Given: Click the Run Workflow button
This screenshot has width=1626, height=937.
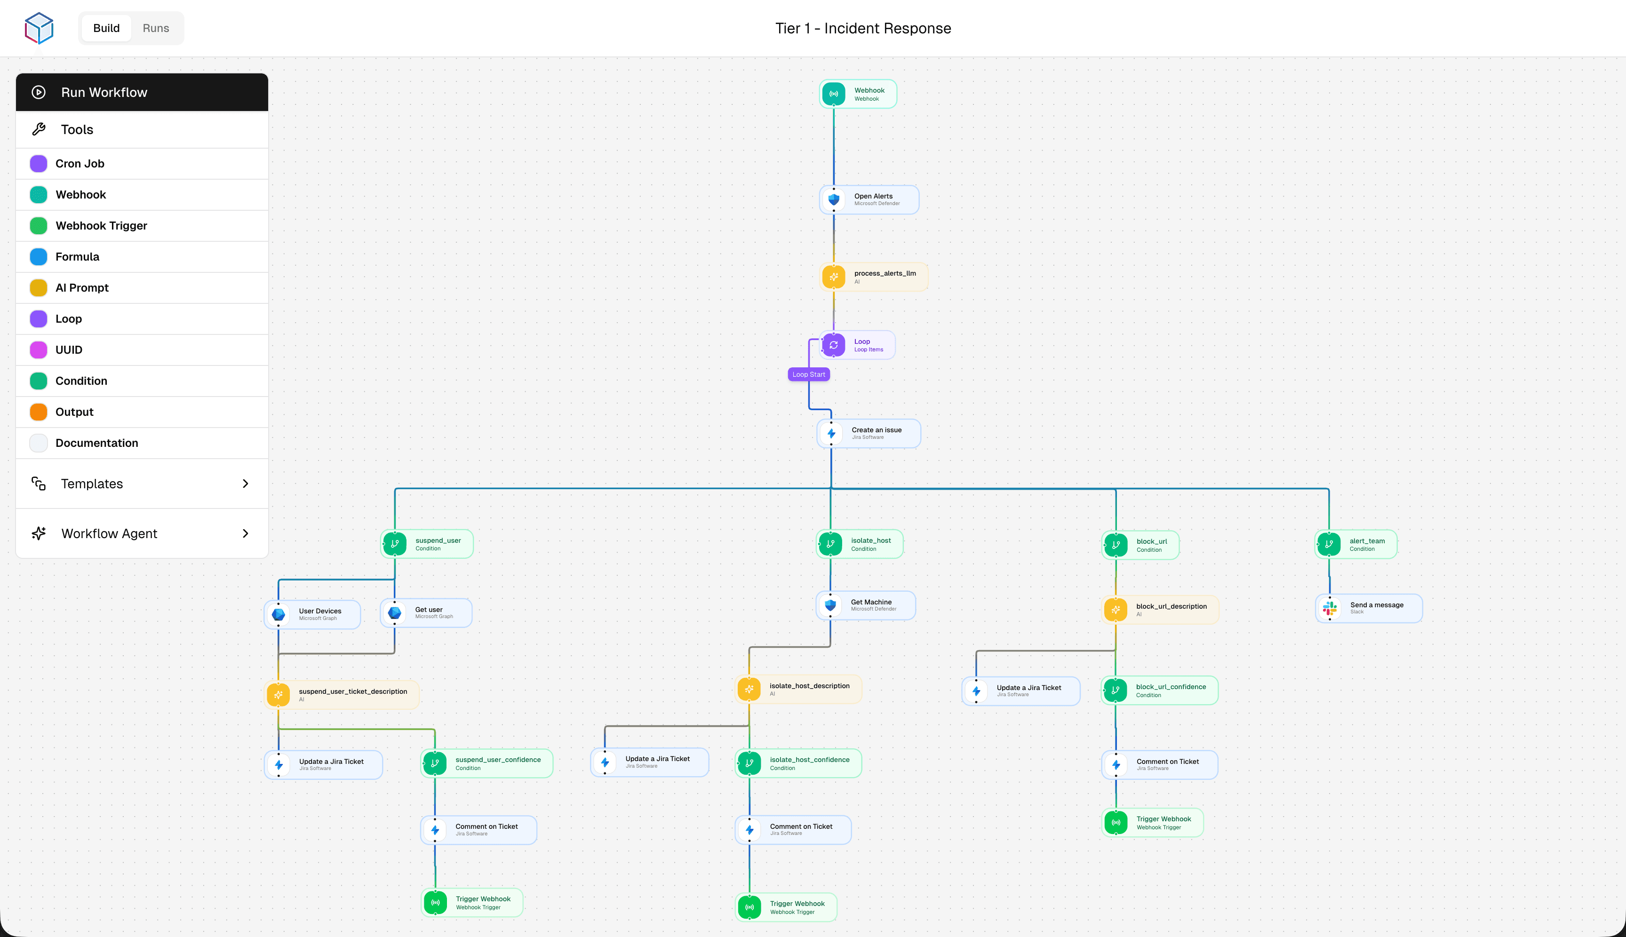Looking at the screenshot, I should [x=142, y=92].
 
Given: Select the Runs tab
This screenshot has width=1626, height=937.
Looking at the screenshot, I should [x=156, y=28].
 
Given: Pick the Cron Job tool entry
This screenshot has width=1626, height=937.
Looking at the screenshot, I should [x=80, y=164].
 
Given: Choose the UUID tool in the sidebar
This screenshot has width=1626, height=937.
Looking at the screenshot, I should [x=69, y=350].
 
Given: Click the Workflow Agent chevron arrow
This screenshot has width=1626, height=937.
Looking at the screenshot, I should [x=245, y=533].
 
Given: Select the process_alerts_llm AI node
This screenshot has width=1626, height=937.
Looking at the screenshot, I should [x=874, y=277].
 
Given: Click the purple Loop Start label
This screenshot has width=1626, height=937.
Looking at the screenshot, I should [x=808, y=374].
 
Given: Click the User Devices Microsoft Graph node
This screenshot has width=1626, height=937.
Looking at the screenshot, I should [x=313, y=614].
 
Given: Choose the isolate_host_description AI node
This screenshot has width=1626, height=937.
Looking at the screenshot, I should [x=798, y=689].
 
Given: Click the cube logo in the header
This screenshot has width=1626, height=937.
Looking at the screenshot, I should [x=39, y=28].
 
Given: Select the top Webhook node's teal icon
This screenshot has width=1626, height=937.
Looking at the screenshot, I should [x=834, y=94].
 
